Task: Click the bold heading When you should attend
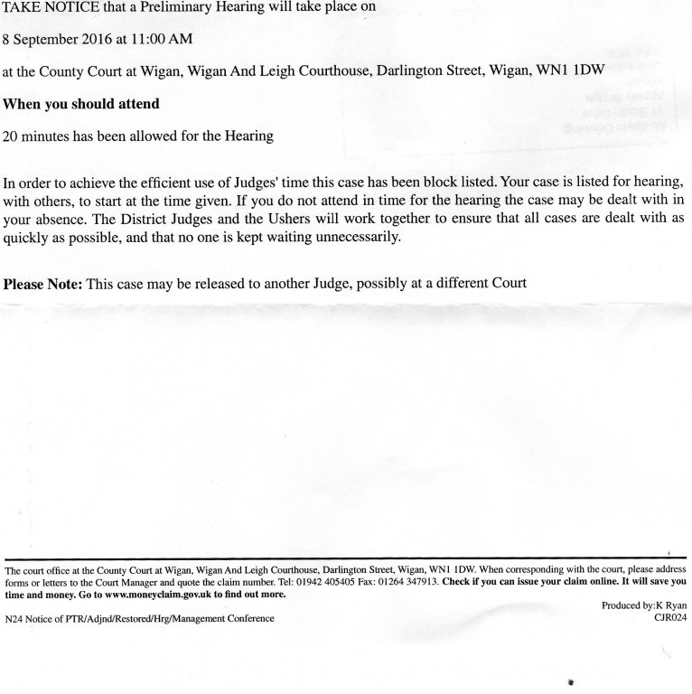pos(81,104)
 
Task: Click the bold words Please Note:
pos(42,283)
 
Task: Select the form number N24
pos(15,618)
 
